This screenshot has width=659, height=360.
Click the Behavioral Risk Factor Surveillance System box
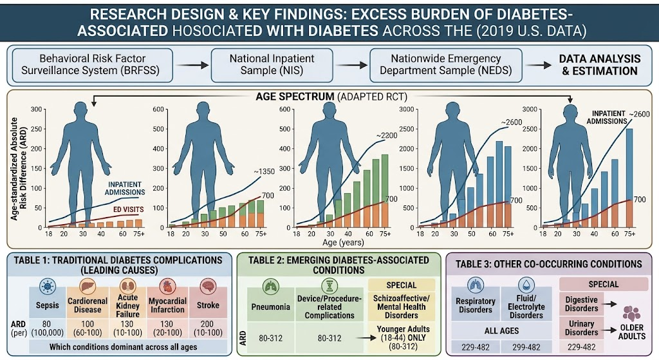(90, 65)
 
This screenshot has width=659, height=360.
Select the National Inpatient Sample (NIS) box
(272, 65)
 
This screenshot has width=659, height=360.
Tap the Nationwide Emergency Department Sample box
(445, 65)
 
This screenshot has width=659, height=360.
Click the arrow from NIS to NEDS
(351, 65)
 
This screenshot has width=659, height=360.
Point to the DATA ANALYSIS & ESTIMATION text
(600, 65)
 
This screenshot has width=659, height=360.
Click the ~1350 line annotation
(264, 171)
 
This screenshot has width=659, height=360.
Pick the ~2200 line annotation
(386, 135)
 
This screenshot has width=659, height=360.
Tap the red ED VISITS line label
(127, 209)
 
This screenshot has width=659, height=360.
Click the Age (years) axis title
(343, 242)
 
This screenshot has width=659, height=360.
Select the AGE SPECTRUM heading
(295, 97)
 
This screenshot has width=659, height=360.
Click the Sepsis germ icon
(47, 287)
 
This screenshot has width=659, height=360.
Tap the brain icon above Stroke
(208, 287)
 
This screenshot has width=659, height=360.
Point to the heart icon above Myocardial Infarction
(167, 287)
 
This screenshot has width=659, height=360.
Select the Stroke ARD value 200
(207, 324)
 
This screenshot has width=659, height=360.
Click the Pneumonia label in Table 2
(271, 307)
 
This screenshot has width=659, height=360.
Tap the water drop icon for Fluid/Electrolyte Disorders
(526, 285)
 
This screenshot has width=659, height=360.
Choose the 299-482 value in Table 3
(526, 347)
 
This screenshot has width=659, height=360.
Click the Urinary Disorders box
(581, 328)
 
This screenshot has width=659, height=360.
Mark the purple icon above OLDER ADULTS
(631, 314)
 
